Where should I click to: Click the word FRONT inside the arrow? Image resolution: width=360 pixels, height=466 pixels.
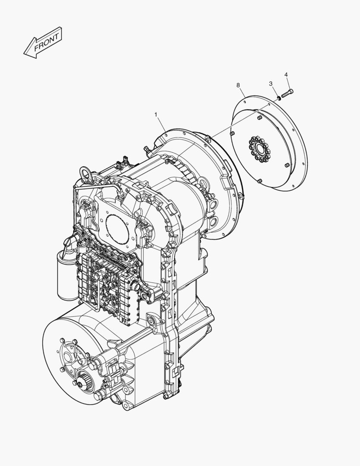click(x=46, y=42)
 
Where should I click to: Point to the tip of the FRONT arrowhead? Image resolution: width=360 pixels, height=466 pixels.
click(x=24, y=54)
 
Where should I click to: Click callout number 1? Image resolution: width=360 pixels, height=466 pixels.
click(x=156, y=114)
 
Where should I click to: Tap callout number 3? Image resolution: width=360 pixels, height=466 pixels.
click(x=271, y=84)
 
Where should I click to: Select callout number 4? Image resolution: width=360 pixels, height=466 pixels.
click(x=286, y=75)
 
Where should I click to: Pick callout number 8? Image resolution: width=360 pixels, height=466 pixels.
click(x=238, y=85)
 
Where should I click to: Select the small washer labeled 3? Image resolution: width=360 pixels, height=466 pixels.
click(x=279, y=98)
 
